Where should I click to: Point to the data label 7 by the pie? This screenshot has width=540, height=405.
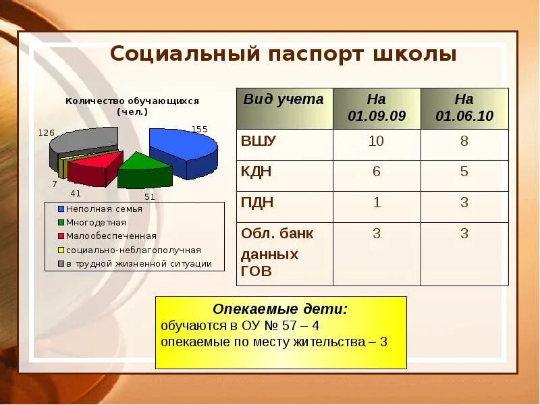tap(55, 184)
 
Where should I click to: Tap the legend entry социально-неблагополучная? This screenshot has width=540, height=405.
tap(133, 250)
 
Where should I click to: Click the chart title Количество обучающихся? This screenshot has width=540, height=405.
tap(132, 101)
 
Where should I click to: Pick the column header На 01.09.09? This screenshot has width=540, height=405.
tap(377, 107)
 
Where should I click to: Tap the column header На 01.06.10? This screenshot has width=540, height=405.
tap(464, 107)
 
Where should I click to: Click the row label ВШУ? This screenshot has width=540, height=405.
tap(259, 141)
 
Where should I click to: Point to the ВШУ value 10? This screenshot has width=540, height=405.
tap(377, 141)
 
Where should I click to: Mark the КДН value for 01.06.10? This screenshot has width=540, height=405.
tap(464, 171)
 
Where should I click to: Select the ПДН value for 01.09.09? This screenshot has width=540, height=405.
tap(377, 202)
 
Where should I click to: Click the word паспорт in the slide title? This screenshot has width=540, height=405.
tap(304, 54)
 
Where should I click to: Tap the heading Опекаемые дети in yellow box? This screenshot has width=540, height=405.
tap(281, 309)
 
